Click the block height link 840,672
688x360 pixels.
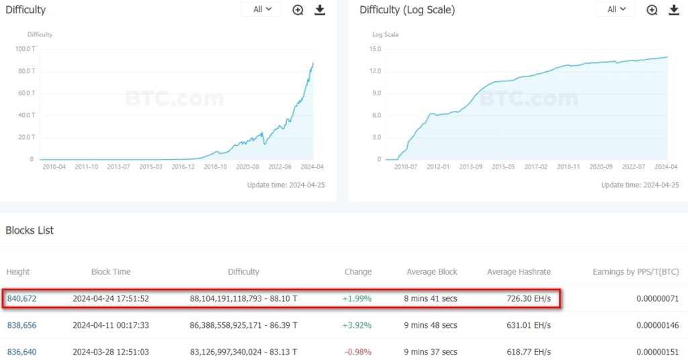coord(21,298)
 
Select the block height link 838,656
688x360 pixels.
coord(21,325)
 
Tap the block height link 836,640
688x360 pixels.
coord(21,352)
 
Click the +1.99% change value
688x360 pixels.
coord(357,298)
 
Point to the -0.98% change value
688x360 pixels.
coord(357,352)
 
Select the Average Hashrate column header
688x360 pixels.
coord(519,272)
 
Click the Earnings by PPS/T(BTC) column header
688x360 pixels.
coord(636,272)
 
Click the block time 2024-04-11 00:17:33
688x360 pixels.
coord(111,325)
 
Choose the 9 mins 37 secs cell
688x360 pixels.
coord(431,352)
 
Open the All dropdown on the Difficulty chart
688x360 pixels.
coord(261,9)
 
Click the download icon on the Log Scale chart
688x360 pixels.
coord(673,9)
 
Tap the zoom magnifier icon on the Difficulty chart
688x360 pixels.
coord(298,9)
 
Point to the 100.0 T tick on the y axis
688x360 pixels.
coord(25,49)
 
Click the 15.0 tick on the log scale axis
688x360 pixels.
coord(375,49)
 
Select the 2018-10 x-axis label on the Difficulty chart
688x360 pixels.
coord(216,167)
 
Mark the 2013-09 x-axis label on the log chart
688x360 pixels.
coord(470,167)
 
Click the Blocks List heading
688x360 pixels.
coord(30,230)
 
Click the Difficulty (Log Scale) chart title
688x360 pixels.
coord(407,10)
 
